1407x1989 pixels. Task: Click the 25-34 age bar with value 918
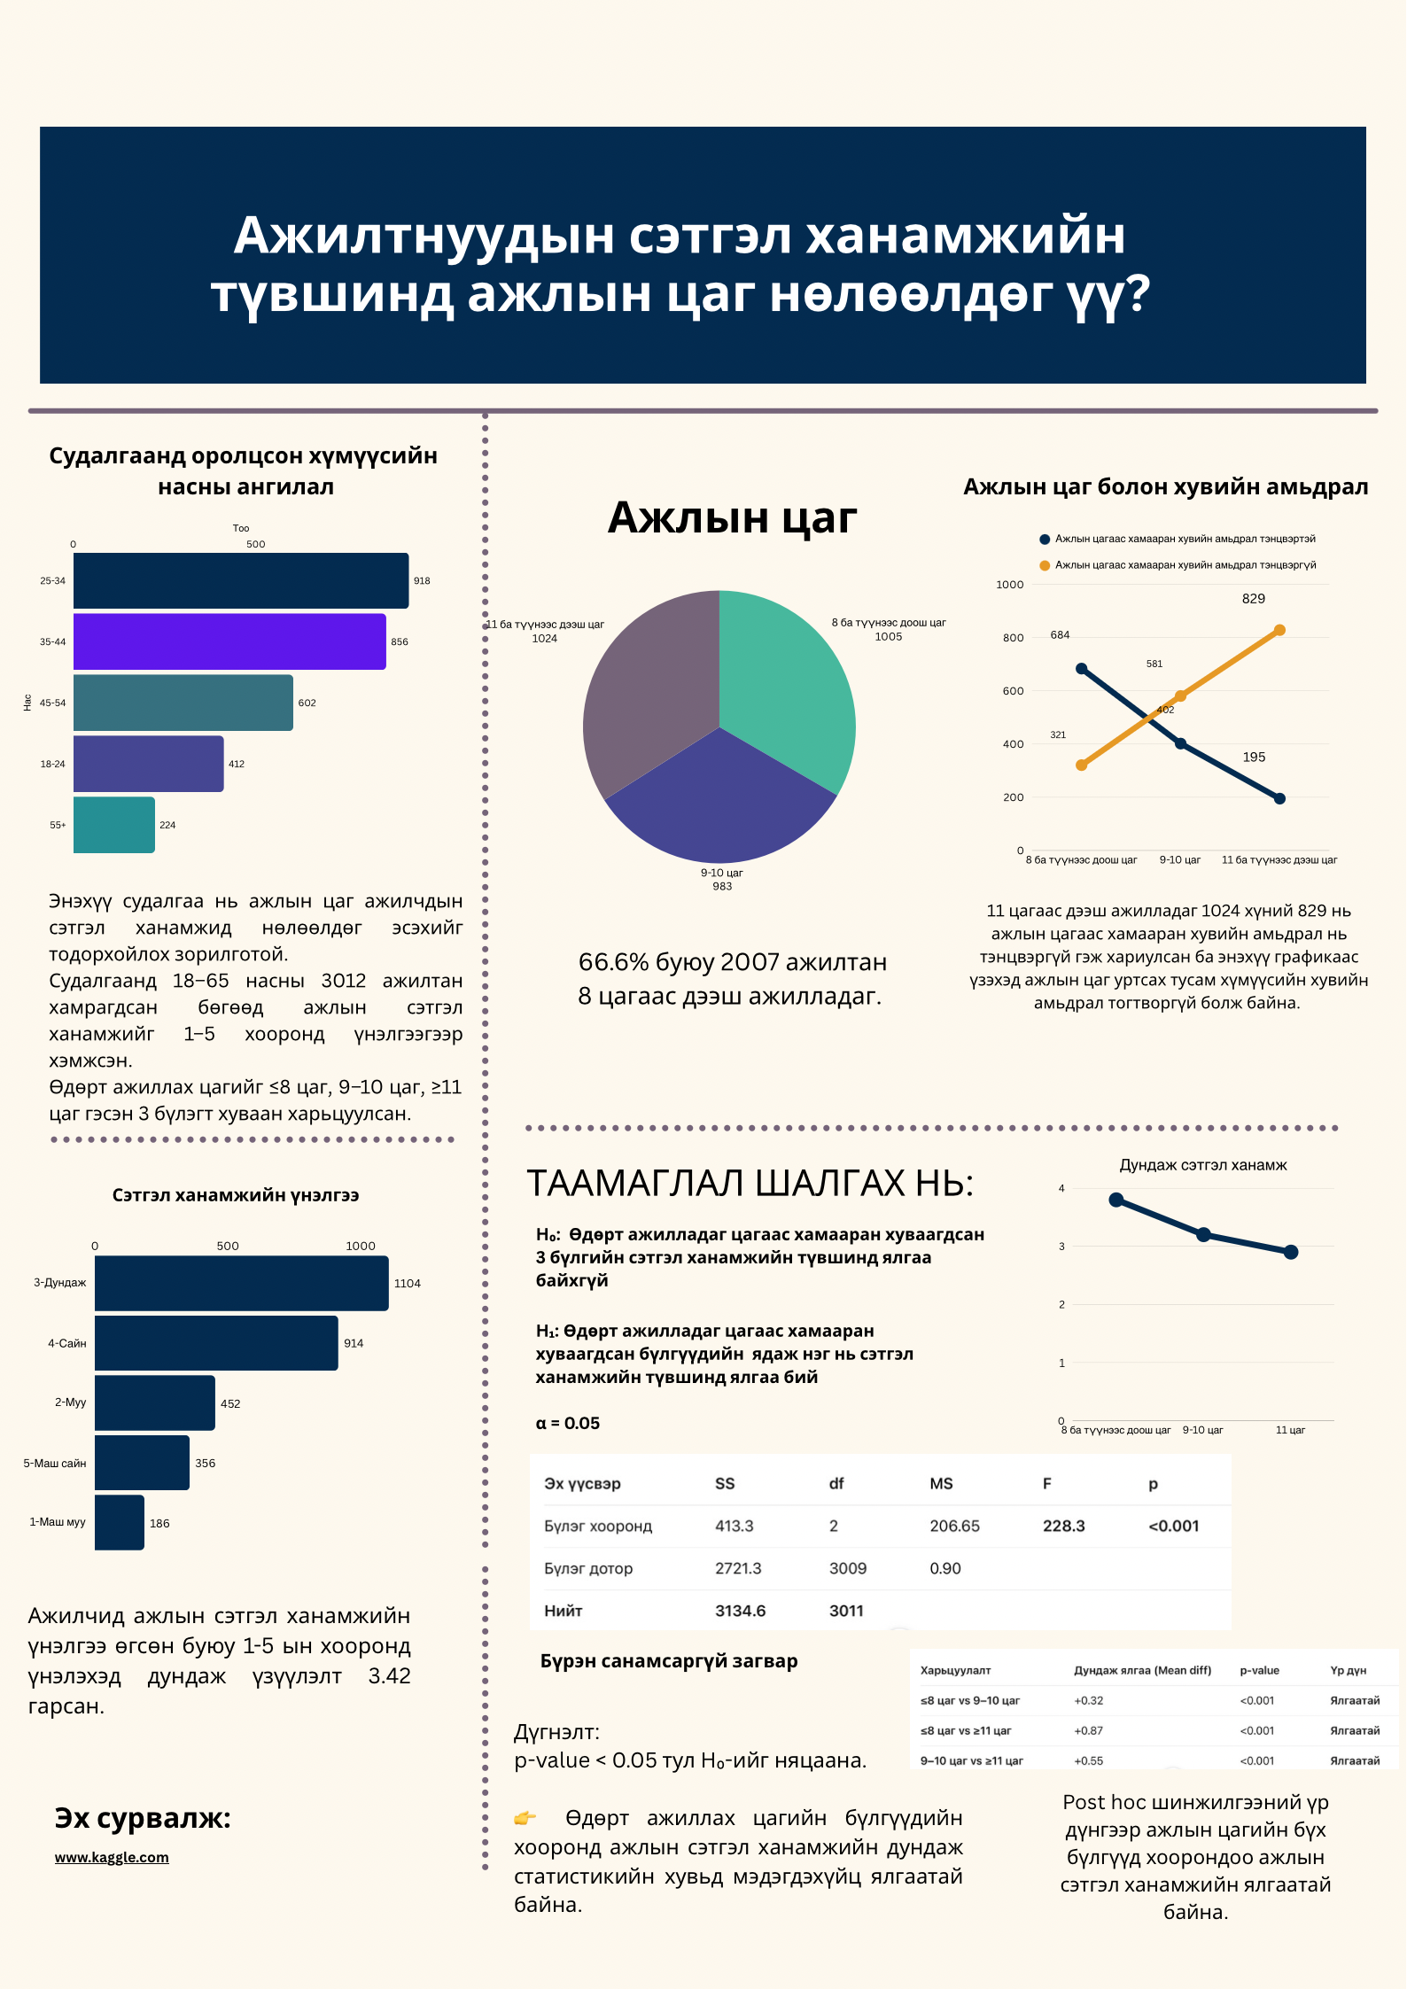pos(240,580)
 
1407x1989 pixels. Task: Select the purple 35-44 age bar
pos(229,641)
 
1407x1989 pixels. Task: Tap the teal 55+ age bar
pos(113,825)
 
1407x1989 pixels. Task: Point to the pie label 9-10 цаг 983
pos(722,879)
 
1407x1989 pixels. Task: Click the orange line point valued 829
pos(1279,630)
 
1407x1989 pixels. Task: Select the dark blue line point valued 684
pos(1081,669)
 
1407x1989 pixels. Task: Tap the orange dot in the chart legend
pos(1045,565)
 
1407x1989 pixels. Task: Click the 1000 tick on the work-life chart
pos(1009,585)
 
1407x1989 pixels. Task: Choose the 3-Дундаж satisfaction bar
pos(241,1283)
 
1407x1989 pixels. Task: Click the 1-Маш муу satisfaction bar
pos(119,1522)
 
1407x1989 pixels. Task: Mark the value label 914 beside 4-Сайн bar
pos(354,1343)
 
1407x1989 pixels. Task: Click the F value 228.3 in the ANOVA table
pos(1063,1526)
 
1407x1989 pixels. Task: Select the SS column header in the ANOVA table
pos(725,1483)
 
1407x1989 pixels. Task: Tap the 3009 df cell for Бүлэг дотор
pos(847,1568)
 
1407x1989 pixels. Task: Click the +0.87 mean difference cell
pos(1088,1730)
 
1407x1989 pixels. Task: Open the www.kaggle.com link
pos(112,1857)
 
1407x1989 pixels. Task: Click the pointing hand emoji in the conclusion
pos(525,1818)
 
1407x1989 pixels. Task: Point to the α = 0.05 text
pos(568,1423)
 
